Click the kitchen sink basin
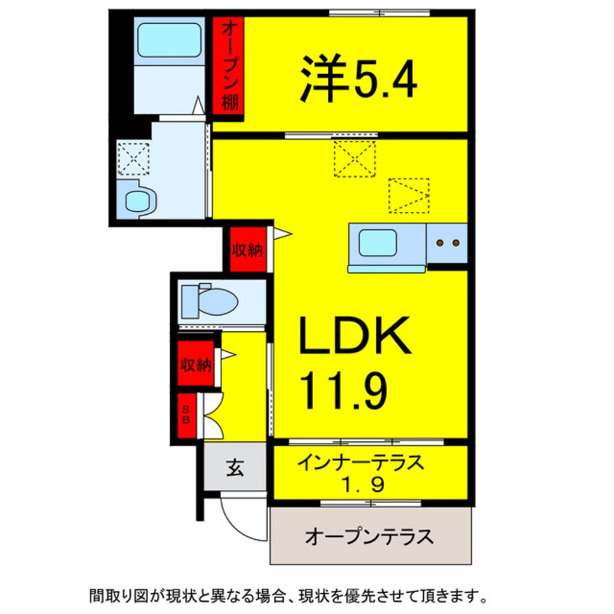(377, 242)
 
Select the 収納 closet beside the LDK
(247, 250)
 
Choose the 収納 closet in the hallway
(195, 362)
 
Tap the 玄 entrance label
(234, 468)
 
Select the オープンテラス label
(369, 537)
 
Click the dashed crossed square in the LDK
(355, 157)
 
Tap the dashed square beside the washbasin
(133, 157)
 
